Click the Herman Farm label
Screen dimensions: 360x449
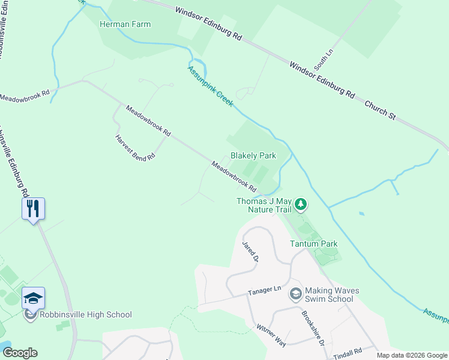click(x=125, y=25)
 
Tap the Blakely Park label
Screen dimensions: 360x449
click(x=253, y=155)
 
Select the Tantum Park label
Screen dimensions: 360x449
click(x=313, y=244)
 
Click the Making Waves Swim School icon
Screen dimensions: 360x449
click(x=295, y=294)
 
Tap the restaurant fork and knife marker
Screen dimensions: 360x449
click(x=33, y=208)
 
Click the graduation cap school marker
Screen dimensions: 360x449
click(x=33, y=297)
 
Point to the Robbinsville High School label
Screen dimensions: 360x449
click(x=85, y=314)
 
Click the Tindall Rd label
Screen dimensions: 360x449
click(x=349, y=350)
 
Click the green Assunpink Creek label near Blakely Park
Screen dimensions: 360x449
click(x=209, y=86)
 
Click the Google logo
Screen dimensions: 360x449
click(x=20, y=353)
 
